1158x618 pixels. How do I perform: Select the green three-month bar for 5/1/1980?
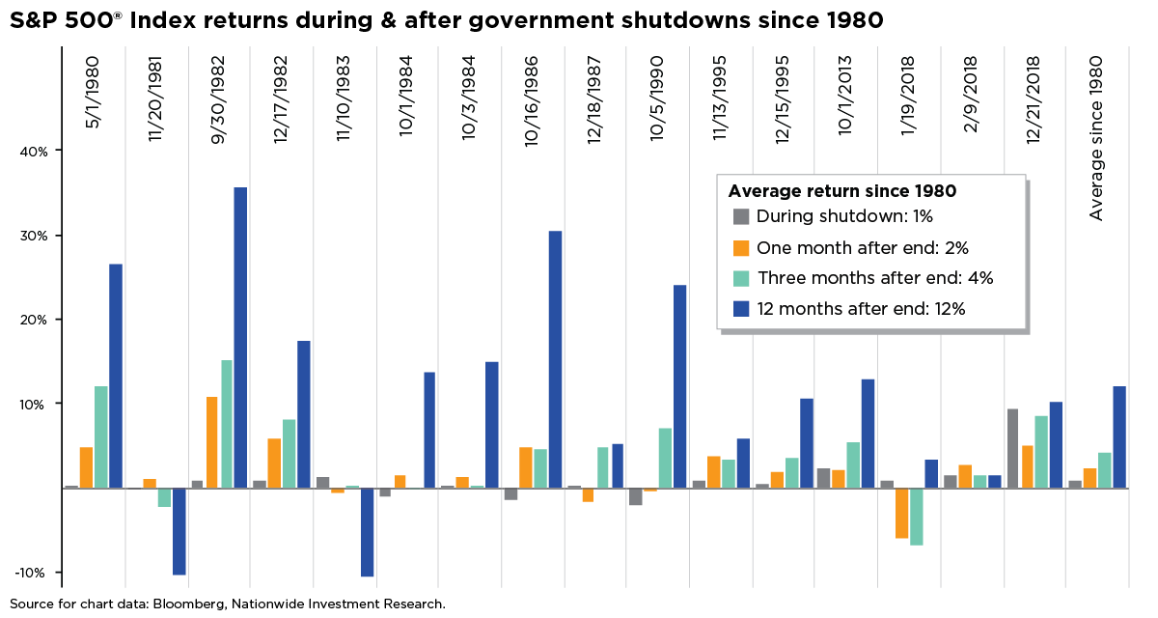pyautogui.click(x=100, y=436)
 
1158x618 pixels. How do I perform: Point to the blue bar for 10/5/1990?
pyautogui.click(x=679, y=386)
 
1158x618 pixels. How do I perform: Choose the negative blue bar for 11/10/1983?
pyautogui.click(x=366, y=532)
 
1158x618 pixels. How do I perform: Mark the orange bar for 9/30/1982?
pyautogui.click(x=211, y=442)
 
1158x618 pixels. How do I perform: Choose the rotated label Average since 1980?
pyautogui.click(x=1096, y=137)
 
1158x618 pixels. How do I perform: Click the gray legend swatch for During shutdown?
pyautogui.click(x=741, y=217)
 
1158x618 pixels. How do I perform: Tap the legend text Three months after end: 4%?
pyautogui.click(x=874, y=278)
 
